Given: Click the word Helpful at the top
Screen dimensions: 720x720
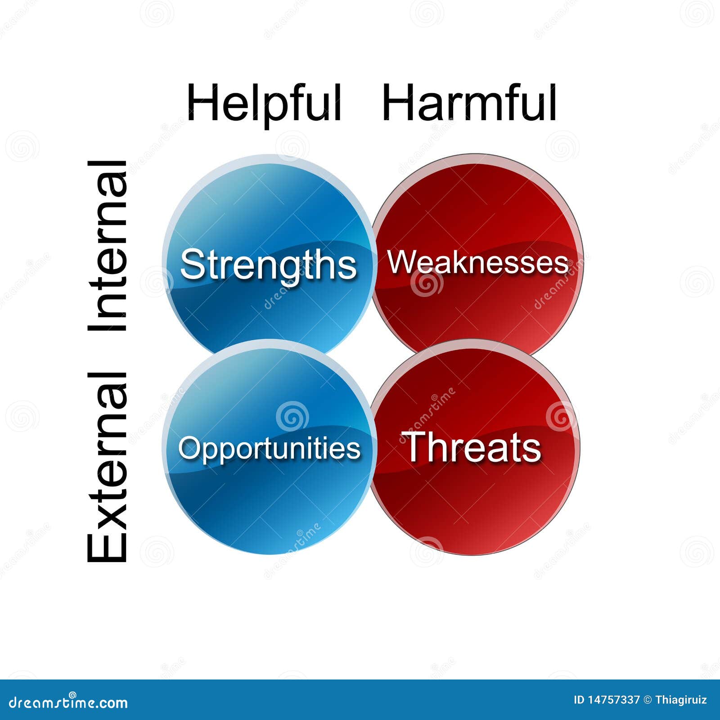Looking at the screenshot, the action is coord(264,103).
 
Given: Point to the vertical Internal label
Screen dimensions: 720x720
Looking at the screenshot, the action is coord(107,246).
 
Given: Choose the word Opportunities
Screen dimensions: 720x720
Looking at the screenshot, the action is coord(270,450).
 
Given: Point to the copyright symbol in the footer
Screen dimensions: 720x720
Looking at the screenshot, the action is coord(648,700).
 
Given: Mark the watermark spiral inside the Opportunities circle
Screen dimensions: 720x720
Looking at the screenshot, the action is coord(292,416).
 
